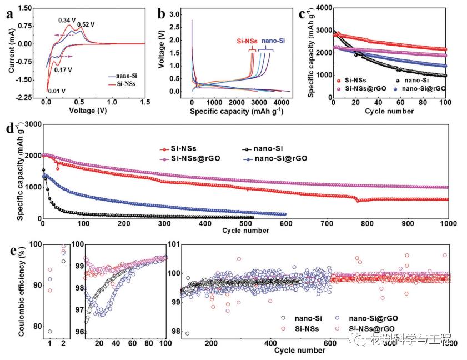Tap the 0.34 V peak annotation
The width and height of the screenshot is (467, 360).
68,21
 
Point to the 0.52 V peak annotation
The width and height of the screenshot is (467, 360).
86,24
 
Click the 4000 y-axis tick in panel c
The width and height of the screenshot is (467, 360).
320,8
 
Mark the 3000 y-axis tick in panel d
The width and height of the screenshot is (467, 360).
31,124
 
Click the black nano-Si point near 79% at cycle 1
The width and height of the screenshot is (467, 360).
50,331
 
